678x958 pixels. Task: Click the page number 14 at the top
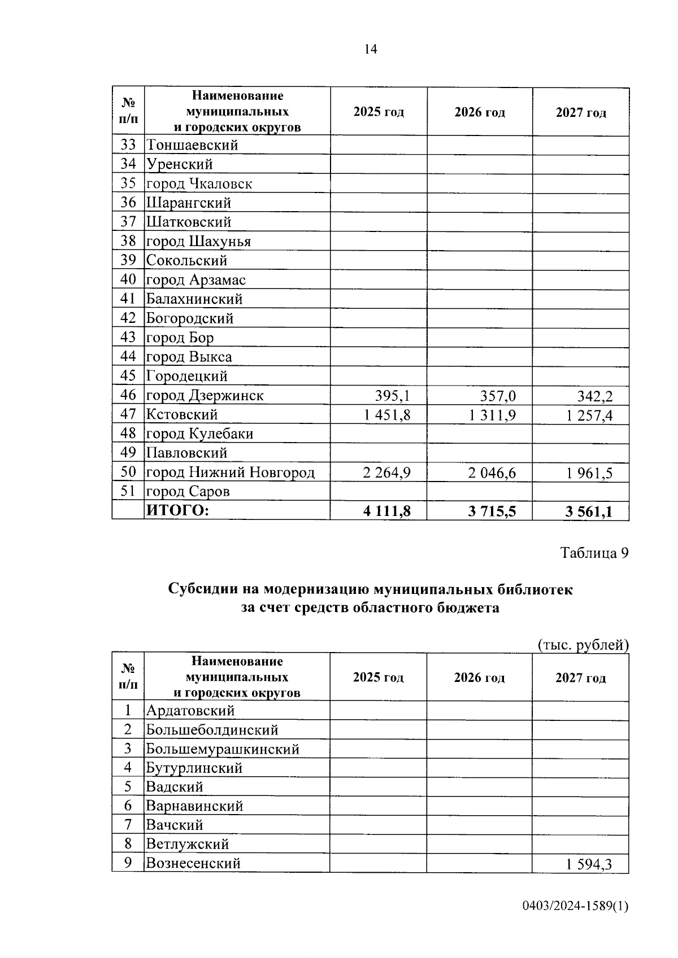[370, 49]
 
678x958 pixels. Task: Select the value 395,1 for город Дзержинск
[393, 396]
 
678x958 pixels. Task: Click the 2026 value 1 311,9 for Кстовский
[492, 415]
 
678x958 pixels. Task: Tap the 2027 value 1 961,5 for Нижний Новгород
[589, 473]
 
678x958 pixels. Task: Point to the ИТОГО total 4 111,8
[387, 511]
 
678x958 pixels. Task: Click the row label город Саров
[188, 492]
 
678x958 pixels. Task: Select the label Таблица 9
[594, 553]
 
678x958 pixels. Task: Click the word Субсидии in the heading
[203, 589]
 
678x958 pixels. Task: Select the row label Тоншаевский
[192, 145]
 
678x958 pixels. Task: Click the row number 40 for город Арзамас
[128, 279]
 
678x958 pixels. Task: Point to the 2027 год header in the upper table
[581, 112]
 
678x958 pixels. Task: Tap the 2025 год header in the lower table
[378, 677]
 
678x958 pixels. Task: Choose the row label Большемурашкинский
[223, 749]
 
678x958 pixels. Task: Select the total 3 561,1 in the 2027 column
[589, 512]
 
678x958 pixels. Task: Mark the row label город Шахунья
[198, 242]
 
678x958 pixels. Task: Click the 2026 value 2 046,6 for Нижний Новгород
[492, 473]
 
